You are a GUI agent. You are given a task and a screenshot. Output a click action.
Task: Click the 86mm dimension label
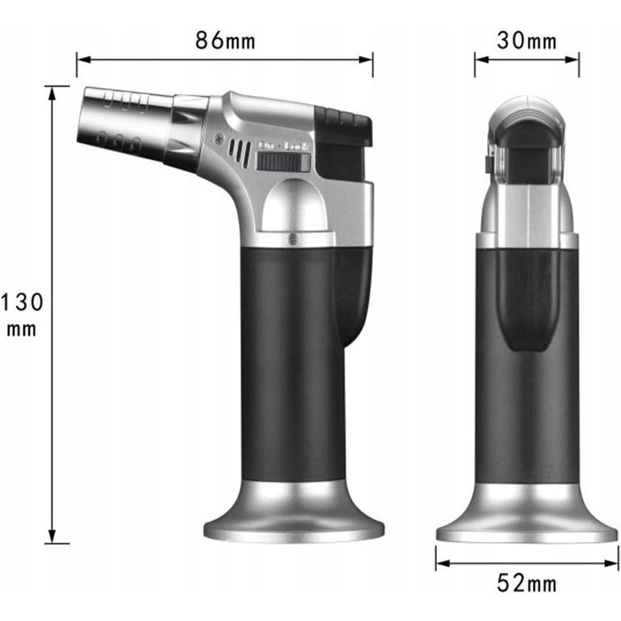(x=225, y=40)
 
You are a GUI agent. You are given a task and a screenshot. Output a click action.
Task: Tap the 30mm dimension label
(x=527, y=41)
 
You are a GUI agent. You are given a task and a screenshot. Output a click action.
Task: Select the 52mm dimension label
(x=527, y=583)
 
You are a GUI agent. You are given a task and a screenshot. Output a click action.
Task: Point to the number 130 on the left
(x=22, y=303)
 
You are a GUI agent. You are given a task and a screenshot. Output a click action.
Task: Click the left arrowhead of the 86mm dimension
(x=84, y=59)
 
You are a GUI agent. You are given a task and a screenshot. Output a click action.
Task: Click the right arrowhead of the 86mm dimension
(x=366, y=59)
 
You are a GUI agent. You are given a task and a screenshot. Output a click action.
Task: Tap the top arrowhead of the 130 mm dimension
(x=51, y=93)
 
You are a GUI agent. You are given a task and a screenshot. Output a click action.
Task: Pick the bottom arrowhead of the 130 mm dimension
(x=51, y=536)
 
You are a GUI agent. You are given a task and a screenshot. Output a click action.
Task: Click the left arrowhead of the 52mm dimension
(x=444, y=562)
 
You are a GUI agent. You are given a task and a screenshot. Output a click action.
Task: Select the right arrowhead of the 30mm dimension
(x=572, y=59)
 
